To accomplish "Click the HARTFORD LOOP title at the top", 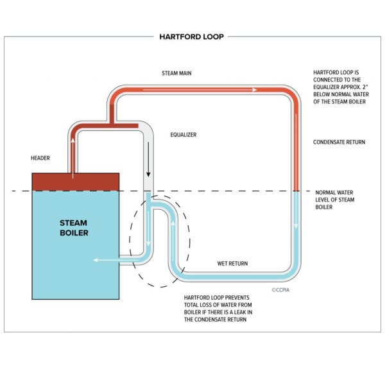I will (x=192, y=37).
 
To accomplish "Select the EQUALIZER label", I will (x=183, y=135).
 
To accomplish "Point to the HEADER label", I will (x=41, y=157).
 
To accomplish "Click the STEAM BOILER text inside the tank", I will (x=74, y=228).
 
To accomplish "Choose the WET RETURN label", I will (x=232, y=264).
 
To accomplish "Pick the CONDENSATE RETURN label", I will (x=339, y=142).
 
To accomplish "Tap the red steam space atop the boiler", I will (x=76, y=182).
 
